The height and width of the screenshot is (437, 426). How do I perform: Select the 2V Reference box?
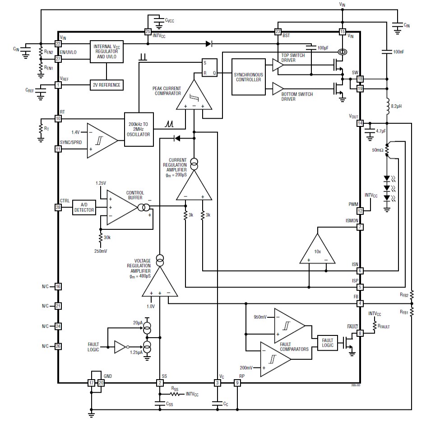click(107, 85)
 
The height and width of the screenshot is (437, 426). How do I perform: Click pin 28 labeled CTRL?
click(58, 207)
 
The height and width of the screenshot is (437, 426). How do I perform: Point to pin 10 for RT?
click(58, 119)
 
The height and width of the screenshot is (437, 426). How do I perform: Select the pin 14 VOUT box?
click(360, 123)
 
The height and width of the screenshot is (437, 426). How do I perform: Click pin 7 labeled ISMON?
click(360, 227)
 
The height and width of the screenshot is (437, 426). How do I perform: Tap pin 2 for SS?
click(160, 383)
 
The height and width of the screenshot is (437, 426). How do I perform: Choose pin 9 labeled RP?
click(237, 383)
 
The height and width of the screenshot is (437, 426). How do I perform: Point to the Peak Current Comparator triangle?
click(194, 96)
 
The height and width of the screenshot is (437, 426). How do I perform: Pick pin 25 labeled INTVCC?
click(148, 32)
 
